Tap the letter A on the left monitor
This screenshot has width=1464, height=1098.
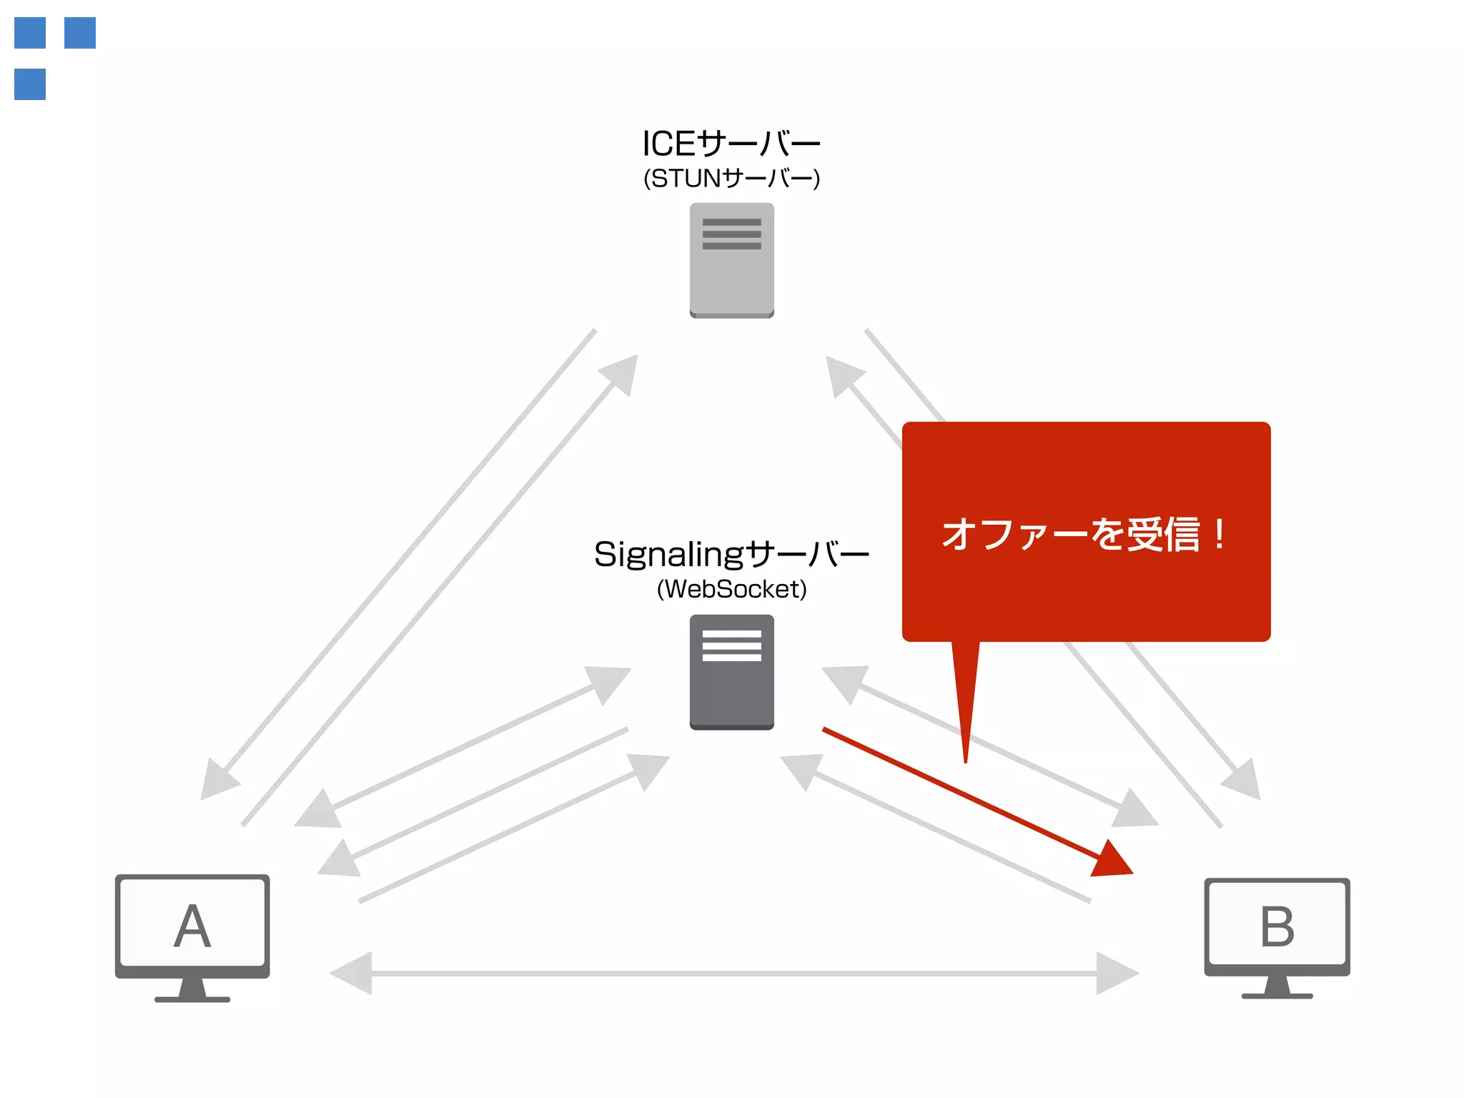coord(192,926)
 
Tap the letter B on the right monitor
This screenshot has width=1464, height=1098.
coord(1277,926)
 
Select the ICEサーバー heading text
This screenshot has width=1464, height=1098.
coord(731,144)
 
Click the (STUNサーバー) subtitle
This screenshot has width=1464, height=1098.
coord(731,178)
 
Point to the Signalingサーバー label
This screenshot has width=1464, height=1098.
coord(731,554)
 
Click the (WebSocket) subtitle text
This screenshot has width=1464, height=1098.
coord(731,589)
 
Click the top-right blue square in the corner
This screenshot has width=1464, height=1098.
coord(80,33)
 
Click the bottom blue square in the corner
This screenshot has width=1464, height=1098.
coord(30,84)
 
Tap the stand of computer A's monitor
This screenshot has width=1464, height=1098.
coord(192,991)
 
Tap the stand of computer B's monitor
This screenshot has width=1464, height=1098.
coord(1277,989)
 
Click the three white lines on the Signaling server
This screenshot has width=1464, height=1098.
coord(731,646)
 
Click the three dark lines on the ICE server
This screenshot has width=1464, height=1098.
coord(731,234)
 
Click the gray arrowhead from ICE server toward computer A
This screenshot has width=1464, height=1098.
coord(218,780)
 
